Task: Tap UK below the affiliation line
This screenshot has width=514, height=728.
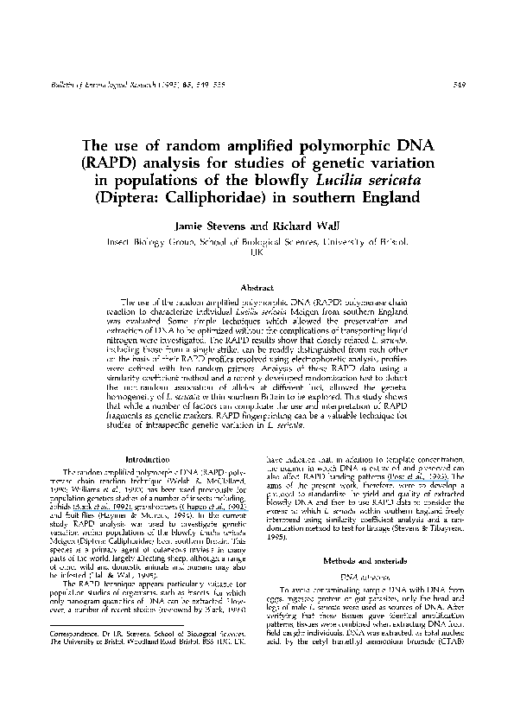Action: pyautogui.click(x=257, y=258)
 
